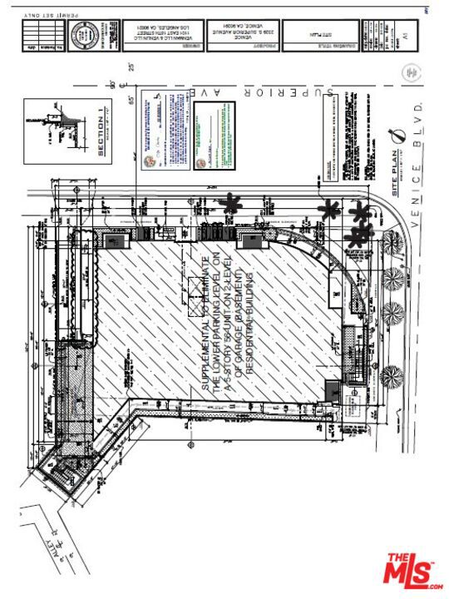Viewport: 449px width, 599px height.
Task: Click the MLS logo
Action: (x=413, y=572)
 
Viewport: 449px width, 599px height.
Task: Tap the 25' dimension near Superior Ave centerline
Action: (x=131, y=67)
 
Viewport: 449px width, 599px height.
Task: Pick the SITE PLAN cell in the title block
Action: (x=319, y=36)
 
